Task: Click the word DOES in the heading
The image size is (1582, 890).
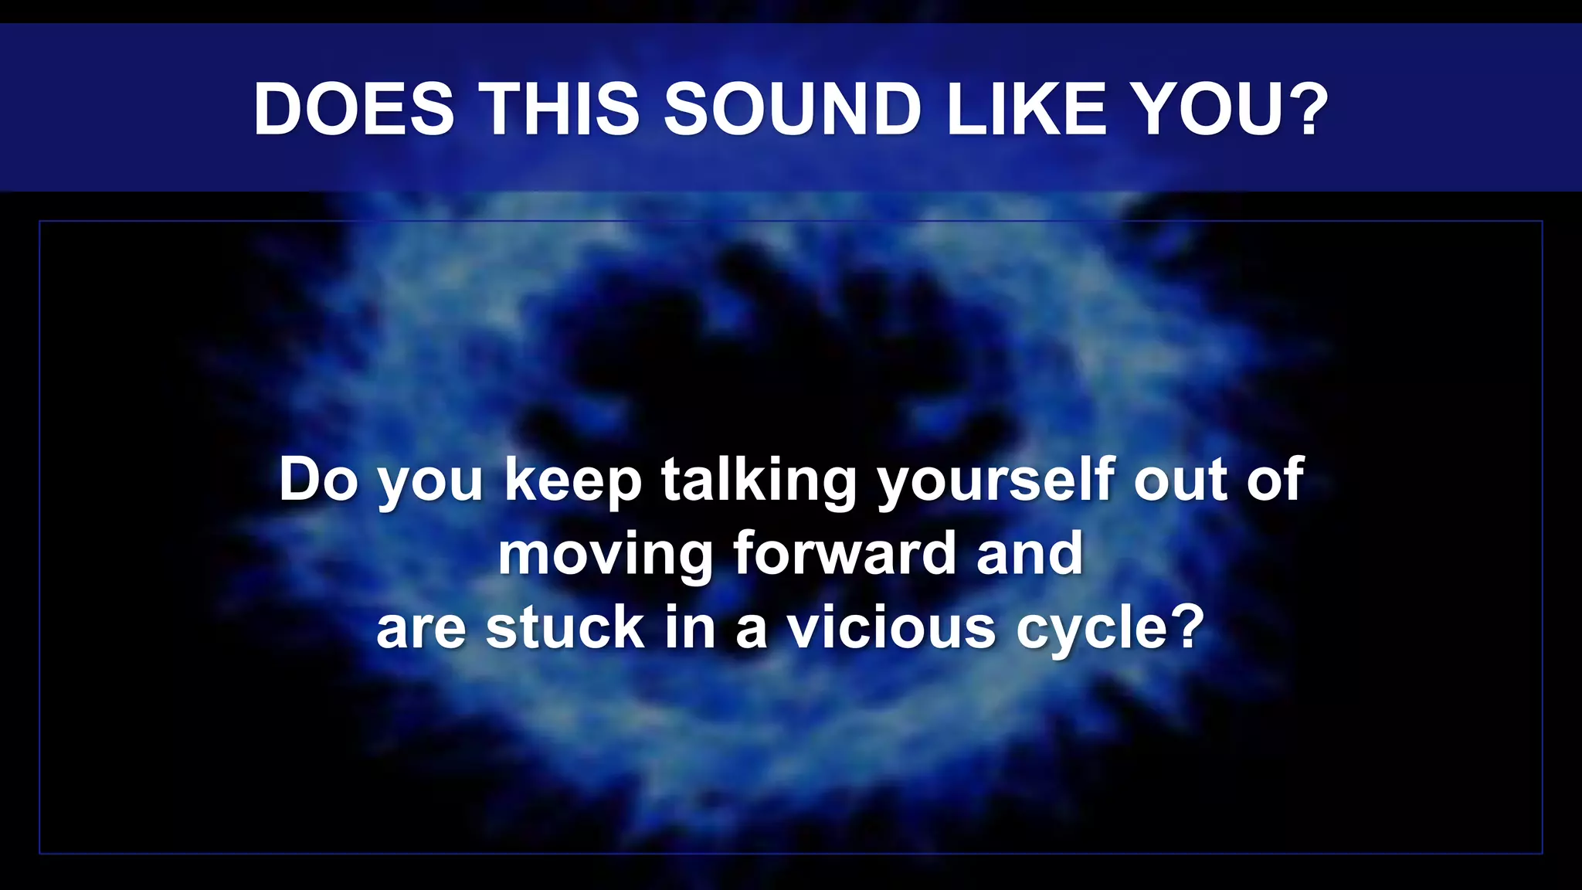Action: click(354, 109)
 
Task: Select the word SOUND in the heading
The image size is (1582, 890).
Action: click(793, 109)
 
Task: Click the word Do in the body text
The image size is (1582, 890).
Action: click(318, 480)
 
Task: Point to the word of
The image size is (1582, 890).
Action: click(1276, 480)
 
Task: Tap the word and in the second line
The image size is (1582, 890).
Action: click(1030, 553)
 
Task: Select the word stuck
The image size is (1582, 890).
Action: click(565, 627)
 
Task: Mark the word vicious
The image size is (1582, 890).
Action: click(891, 627)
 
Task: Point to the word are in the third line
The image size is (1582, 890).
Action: click(421, 629)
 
